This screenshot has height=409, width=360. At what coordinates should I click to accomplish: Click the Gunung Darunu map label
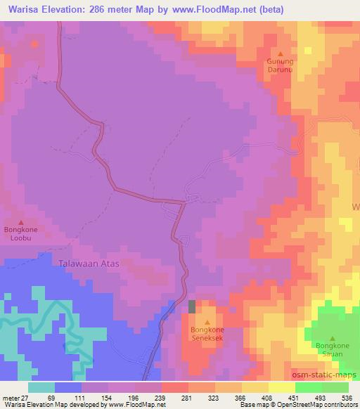pos(279,65)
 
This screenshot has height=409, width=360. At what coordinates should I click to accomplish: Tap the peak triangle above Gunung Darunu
pos(280,53)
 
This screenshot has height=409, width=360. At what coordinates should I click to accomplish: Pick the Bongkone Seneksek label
pos(207,332)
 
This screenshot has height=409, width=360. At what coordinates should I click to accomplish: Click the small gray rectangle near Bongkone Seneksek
pos(193,306)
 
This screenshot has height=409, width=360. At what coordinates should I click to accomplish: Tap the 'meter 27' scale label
pos(15,397)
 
